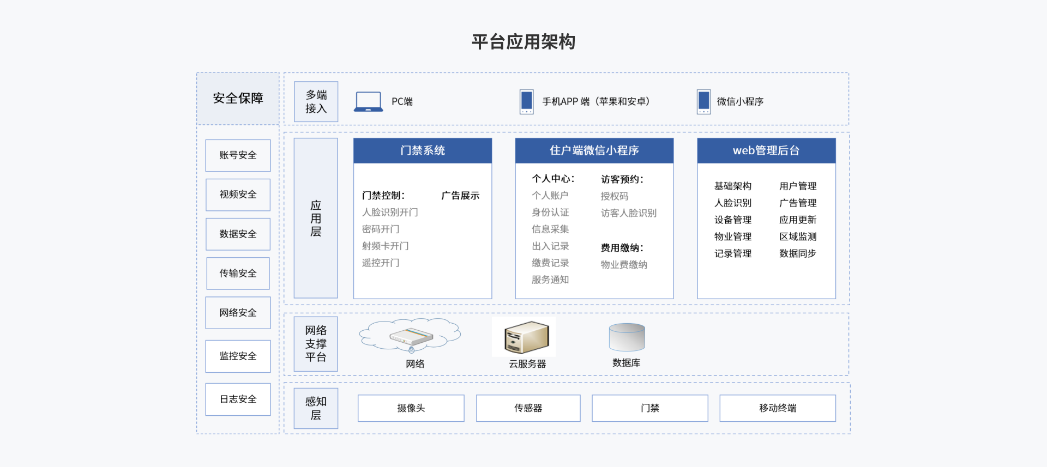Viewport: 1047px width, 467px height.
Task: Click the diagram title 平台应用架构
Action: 523,42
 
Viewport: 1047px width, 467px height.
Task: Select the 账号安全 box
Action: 238,155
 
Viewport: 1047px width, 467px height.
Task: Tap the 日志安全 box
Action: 238,399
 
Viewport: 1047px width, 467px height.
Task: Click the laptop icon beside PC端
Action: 368,102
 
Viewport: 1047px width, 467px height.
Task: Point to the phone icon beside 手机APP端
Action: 526,102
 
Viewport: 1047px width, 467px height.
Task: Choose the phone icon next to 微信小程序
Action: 703,102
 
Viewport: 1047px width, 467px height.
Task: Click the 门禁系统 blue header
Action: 423,150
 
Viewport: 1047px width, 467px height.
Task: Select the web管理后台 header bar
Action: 766,150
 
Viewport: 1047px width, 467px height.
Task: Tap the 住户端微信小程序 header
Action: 594,150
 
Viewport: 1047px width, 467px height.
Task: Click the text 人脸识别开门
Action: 390,213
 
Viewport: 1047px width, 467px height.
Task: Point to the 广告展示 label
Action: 460,196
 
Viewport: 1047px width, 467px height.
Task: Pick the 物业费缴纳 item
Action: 624,265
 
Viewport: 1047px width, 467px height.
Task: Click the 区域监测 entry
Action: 798,236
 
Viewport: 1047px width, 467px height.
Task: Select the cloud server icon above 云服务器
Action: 526,337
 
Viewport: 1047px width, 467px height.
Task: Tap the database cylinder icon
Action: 627,337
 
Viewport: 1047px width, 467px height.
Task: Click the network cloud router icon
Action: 411,336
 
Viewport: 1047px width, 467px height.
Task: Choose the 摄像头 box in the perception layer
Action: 411,408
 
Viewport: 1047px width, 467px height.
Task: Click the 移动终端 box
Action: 777,408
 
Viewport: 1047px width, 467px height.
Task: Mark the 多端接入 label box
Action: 316,102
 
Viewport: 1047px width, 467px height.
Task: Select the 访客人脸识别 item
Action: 628,213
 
